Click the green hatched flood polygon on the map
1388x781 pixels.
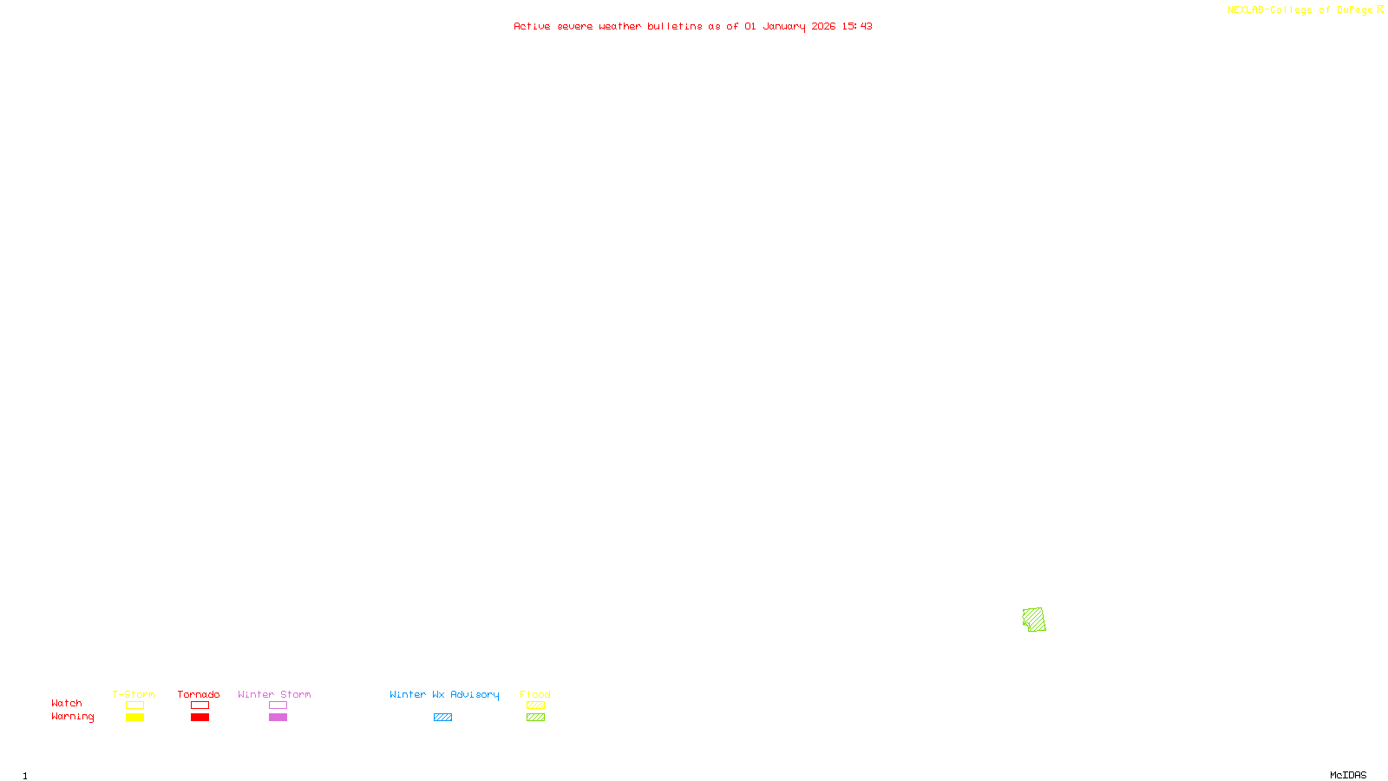(x=1034, y=620)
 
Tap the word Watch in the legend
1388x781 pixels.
(x=67, y=704)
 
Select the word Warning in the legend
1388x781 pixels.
(x=73, y=717)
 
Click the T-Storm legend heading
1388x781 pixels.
(x=134, y=694)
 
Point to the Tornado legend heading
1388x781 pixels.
(x=199, y=694)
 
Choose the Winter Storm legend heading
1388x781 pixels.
(x=274, y=694)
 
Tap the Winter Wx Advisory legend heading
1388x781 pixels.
(x=444, y=694)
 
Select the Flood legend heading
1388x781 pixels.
(x=535, y=694)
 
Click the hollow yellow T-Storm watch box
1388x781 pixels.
(x=134, y=706)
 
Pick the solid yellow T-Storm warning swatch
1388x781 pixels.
(x=134, y=718)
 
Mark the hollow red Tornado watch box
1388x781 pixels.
(x=200, y=706)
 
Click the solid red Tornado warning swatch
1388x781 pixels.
(x=200, y=718)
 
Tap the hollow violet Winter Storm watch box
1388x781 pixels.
(x=278, y=706)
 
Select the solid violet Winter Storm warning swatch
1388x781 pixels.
(x=278, y=718)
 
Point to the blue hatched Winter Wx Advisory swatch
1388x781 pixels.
(x=442, y=718)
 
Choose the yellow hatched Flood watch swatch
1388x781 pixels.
(x=535, y=706)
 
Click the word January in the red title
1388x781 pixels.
(x=784, y=26)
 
